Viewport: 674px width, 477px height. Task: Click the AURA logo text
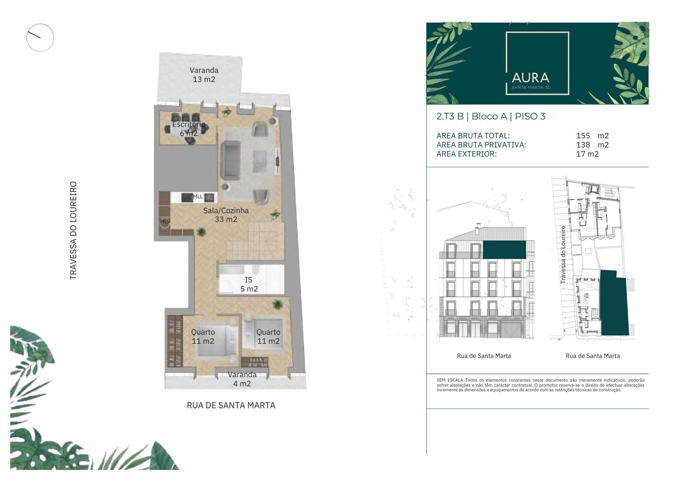click(x=530, y=78)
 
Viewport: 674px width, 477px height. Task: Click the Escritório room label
click(x=189, y=124)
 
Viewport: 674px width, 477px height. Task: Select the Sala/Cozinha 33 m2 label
click(x=226, y=215)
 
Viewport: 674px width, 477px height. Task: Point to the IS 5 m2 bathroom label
click(x=249, y=284)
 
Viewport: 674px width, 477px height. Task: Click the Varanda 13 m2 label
click(x=204, y=75)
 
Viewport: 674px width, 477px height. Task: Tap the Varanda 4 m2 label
click(x=242, y=379)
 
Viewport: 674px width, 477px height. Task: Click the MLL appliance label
click(x=198, y=196)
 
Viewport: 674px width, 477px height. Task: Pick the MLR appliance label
click(x=165, y=221)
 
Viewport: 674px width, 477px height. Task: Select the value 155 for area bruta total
click(x=583, y=136)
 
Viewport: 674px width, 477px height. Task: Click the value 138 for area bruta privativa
click(x=583, y=145)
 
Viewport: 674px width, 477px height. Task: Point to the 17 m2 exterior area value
click(x=587, y=154)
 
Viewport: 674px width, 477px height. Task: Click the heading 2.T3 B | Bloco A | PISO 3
click(x=491, y=116)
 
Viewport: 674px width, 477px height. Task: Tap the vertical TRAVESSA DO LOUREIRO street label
click(x=73, y=231)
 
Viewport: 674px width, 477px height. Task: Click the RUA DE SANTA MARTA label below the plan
click(x=231, y=405)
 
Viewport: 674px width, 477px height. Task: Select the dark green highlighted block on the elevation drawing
click(x=504, y=250)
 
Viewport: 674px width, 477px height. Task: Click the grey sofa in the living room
click(x=231, y=160)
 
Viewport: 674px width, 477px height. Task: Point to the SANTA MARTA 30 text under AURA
click(x=531, y=87)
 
